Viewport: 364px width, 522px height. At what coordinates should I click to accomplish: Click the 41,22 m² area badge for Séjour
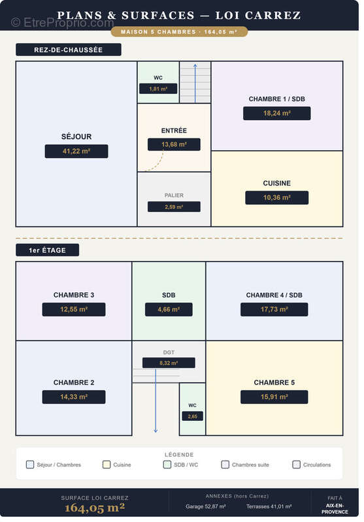pyautogui.click(x=76, y=151)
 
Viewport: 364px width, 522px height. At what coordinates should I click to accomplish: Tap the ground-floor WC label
pyautogui.click(x=158, y=78)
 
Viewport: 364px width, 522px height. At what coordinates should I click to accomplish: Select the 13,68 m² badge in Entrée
pyautogui.click(x=174, y=144)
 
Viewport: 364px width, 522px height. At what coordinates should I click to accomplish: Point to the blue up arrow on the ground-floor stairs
pyautogui.click(x=195, y=84)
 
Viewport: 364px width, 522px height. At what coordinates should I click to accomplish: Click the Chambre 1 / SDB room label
pyautogui.click(x=276, y=99)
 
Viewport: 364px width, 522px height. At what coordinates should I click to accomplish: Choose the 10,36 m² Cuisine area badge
pyautogui.click(x=276, y=198)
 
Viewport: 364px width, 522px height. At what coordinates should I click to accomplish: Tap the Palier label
pyautogui.click(x=174, y=195)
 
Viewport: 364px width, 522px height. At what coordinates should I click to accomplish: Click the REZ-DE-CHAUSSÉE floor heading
pyautogui.click(x=69, y=50)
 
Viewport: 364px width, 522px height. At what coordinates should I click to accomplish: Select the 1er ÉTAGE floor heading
pyautogui.click(x=47, y=250)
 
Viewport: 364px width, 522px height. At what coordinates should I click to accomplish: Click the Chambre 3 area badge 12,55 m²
pyautogui.click(x=74, y=309)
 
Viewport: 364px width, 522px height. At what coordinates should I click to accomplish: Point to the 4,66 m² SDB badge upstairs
pyautogui.click(x=169, y=309)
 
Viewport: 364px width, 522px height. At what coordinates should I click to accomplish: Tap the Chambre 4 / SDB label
pyautogui.click(x=274, y=295)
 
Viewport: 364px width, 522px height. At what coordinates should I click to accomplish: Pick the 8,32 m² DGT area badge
pyautogui.click(x=169, y=363)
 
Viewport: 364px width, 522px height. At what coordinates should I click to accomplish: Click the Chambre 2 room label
pyautogui.click(x=74, y=382)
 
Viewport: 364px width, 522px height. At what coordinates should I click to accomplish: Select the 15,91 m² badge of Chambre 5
pyautogui.click(x=274, y=397)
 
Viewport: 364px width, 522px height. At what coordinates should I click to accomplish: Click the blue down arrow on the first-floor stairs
pyautogui.click(x=156, y=401)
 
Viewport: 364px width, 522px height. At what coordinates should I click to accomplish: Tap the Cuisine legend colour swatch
pyautogui.click(x=107, y=465)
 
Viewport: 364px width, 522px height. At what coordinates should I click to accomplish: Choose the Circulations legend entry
pyautogui.click(x=312, y=465)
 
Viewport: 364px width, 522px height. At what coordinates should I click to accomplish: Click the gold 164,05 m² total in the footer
pyautogui.click(x=95, y=508)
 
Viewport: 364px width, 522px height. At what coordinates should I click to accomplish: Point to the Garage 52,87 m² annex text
pyautogui.click(x=206, y=506)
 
